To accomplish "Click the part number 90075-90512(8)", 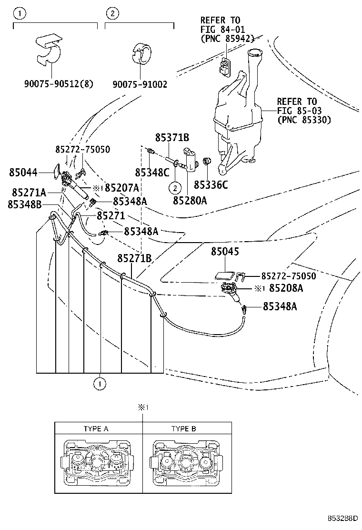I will (59, 84).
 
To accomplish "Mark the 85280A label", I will (190, 200).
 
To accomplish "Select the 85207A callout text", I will (122, 187).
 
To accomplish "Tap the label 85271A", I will (29, 193).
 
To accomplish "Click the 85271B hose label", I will (134, 258).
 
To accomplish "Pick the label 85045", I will (225, 252).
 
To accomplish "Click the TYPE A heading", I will (96, 428).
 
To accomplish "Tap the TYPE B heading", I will (183, 428).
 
